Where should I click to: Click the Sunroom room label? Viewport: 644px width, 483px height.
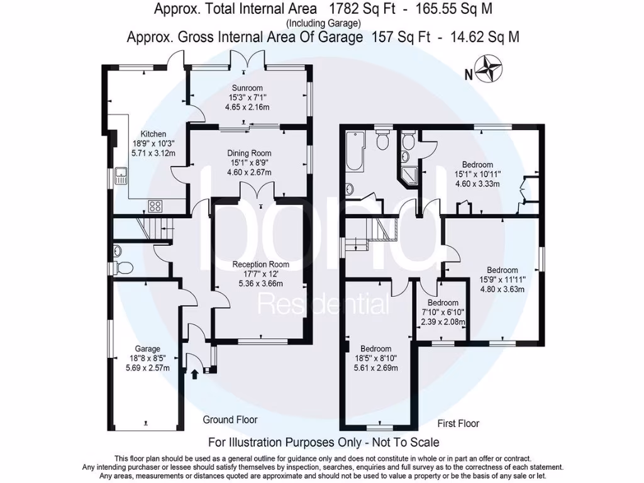pos(247,88)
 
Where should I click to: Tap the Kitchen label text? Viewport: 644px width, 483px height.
pos(153,134)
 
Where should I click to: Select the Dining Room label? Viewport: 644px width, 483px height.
pos(249,153)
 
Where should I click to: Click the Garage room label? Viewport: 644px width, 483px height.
pos(147,349)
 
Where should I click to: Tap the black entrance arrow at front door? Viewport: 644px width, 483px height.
pos(194,374)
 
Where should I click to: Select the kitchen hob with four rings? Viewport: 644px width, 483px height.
pos(155,205)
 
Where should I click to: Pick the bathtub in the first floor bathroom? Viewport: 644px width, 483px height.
pos(354,151)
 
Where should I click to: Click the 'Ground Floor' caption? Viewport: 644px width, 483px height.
pos(230,419)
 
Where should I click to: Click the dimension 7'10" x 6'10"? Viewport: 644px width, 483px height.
pos(443,313)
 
